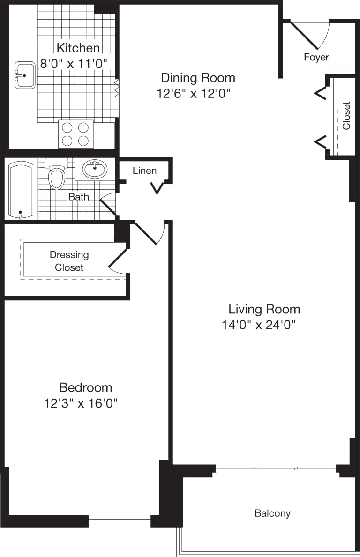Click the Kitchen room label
[x=78, y=48]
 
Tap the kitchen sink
[x=25, y=75]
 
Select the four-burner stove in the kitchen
[x=75, y=134]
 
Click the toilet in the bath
[x=57, y=175]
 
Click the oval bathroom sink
[x=95, y=169]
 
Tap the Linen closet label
[x=144, y=171]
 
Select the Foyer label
[x=316, y=57]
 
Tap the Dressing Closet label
[x=69, y=261]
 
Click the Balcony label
[x=272, y=513]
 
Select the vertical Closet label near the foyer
[x=346, y=115]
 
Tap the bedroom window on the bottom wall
[x=120, y=519]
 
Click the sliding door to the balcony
[x=276, y=468]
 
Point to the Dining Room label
[x=198, y=77]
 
